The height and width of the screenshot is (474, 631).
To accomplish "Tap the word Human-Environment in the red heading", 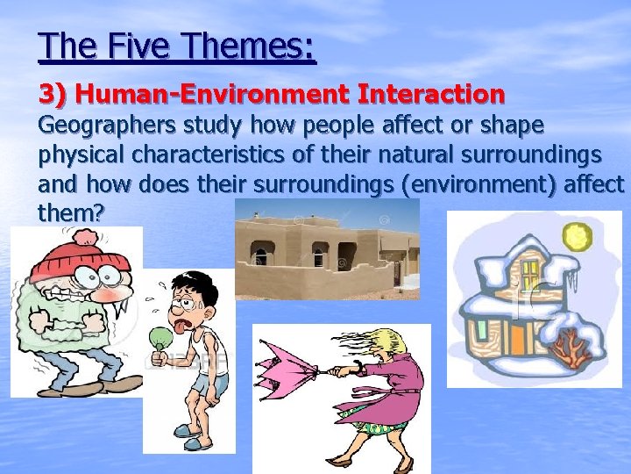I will pos(181,93).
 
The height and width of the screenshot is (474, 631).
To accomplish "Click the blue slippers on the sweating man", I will pos(198,430).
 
